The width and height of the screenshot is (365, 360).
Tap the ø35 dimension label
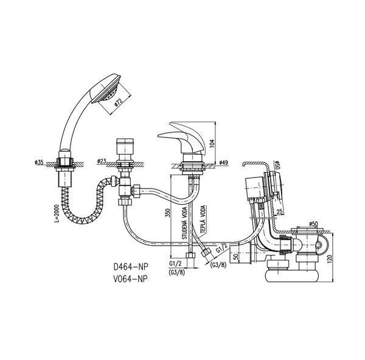pyautogui.click(x=39, y=162)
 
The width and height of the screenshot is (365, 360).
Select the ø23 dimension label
pyautogui.click(x=102, y=161)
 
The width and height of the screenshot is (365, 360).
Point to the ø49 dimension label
pyautogui.click(x=224, y=162)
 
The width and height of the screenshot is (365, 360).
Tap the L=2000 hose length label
pyautogui.click(x=57, y=214)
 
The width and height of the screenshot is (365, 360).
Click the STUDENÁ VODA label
pyautogui.click(x=184, y=223)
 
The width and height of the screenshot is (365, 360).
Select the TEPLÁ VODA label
pyautogui.click(x=203, y=219)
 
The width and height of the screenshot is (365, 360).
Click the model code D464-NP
pyautogui.click(x=131, y=267)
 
